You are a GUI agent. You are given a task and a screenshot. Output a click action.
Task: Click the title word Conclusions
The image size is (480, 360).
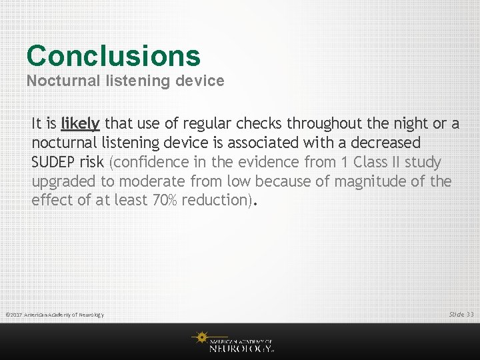pyautogui.click(x=113, y=56)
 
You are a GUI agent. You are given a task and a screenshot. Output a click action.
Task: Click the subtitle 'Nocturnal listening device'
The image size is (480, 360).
pyautogui.click(x=125, y=81)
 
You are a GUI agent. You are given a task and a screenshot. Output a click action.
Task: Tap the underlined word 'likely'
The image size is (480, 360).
pyautogui.click(x=80, y=124)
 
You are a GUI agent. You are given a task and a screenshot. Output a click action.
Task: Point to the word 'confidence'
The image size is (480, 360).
pyautogui.click(x=151, y=162)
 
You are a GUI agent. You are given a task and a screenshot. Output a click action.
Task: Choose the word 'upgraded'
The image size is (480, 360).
pyautogui.click(x=64, y=181)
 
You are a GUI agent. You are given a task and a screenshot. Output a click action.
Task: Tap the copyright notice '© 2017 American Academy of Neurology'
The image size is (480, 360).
pyautogui.click(x=55, y=315)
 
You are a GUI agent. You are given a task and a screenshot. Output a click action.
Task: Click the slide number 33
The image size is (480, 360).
pyautogui.click(x=470, y=314)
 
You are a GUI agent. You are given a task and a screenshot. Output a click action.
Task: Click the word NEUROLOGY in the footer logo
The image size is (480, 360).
pyautogui.click(x=241, y=348)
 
